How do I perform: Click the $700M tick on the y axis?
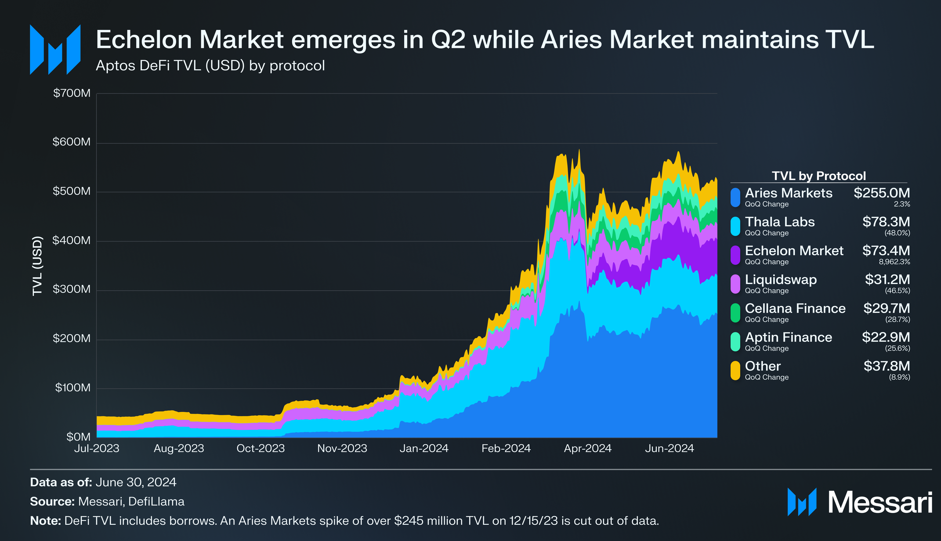point(72,93)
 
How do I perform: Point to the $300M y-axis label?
point(72,289)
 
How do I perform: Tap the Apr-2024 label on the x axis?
point(587,448)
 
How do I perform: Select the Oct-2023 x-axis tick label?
point(261,448)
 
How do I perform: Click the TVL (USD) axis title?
point(38,266)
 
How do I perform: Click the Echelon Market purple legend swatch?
point(735,255)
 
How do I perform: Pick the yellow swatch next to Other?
point(735,371)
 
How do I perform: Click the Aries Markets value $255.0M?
point(881,193)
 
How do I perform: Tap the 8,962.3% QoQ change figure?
point(894,262)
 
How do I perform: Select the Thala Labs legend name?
point(780,222)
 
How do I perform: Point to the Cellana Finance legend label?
point(795,309)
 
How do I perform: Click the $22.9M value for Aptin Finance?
point(886,337)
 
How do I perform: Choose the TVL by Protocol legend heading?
point(818,176)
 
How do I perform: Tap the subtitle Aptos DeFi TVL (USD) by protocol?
point(210,66)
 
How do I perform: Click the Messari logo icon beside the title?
point(55,50)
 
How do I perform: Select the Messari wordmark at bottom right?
point(879,502)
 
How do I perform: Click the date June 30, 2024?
point(136,483)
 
